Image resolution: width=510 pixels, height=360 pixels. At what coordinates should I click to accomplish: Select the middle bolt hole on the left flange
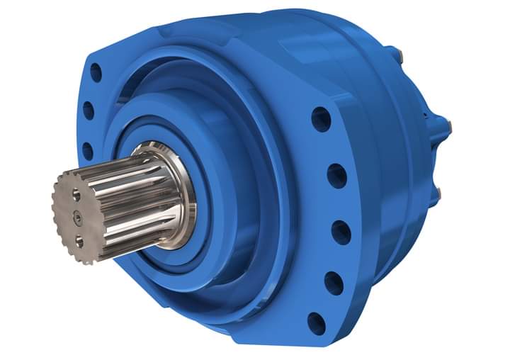click(89, 110)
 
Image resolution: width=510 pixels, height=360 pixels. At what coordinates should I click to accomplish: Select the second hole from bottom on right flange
click(334, 283)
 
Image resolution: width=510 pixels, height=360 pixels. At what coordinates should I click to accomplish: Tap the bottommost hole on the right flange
click(317, 323)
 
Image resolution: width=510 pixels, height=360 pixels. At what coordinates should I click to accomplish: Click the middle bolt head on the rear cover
click(447, 127)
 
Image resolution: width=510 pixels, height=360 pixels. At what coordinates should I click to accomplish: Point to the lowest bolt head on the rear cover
click(438, 192)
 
